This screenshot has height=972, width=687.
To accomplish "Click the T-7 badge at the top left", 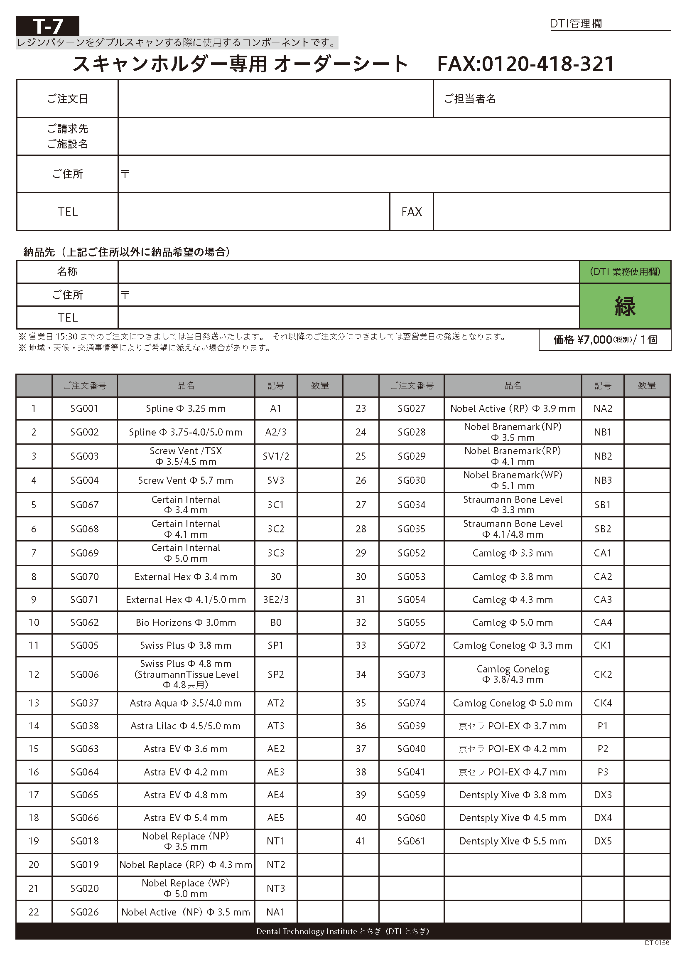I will (x=47, y=26).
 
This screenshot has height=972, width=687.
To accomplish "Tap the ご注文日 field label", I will (x=67, y=98).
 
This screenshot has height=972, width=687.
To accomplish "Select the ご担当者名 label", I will (x=470, y=98).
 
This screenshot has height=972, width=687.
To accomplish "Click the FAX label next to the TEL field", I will (x=411, y=212).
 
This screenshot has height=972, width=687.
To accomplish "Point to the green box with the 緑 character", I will (x=625, y=306).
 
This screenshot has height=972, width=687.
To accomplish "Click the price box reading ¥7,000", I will (x=604, y=340).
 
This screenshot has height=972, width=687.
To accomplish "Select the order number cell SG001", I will (x=85, y=408).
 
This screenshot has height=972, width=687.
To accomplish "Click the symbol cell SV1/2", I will (x=276, y=456).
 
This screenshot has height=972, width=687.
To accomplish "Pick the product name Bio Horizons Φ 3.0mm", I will (x=186, y=623).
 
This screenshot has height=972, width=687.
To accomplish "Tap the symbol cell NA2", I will (x=603, y=408).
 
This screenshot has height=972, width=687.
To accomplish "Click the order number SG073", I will (x=411, y=674).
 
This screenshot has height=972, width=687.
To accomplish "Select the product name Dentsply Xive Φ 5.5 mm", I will (x=512, y=841).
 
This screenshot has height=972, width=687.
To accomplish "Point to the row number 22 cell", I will (x=34, y=912).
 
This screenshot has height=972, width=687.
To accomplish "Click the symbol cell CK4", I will (x=603, y=703).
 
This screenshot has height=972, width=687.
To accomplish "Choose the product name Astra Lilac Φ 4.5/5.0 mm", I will (x=186, y=726).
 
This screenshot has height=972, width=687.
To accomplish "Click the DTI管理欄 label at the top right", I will (x=576, y=24).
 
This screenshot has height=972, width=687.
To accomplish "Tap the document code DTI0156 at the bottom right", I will (x=657, y=943).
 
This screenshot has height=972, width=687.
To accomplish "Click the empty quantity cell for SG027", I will (x=646, y=408).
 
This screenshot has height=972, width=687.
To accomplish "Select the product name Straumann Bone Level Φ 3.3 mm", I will (x=512, y=504).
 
